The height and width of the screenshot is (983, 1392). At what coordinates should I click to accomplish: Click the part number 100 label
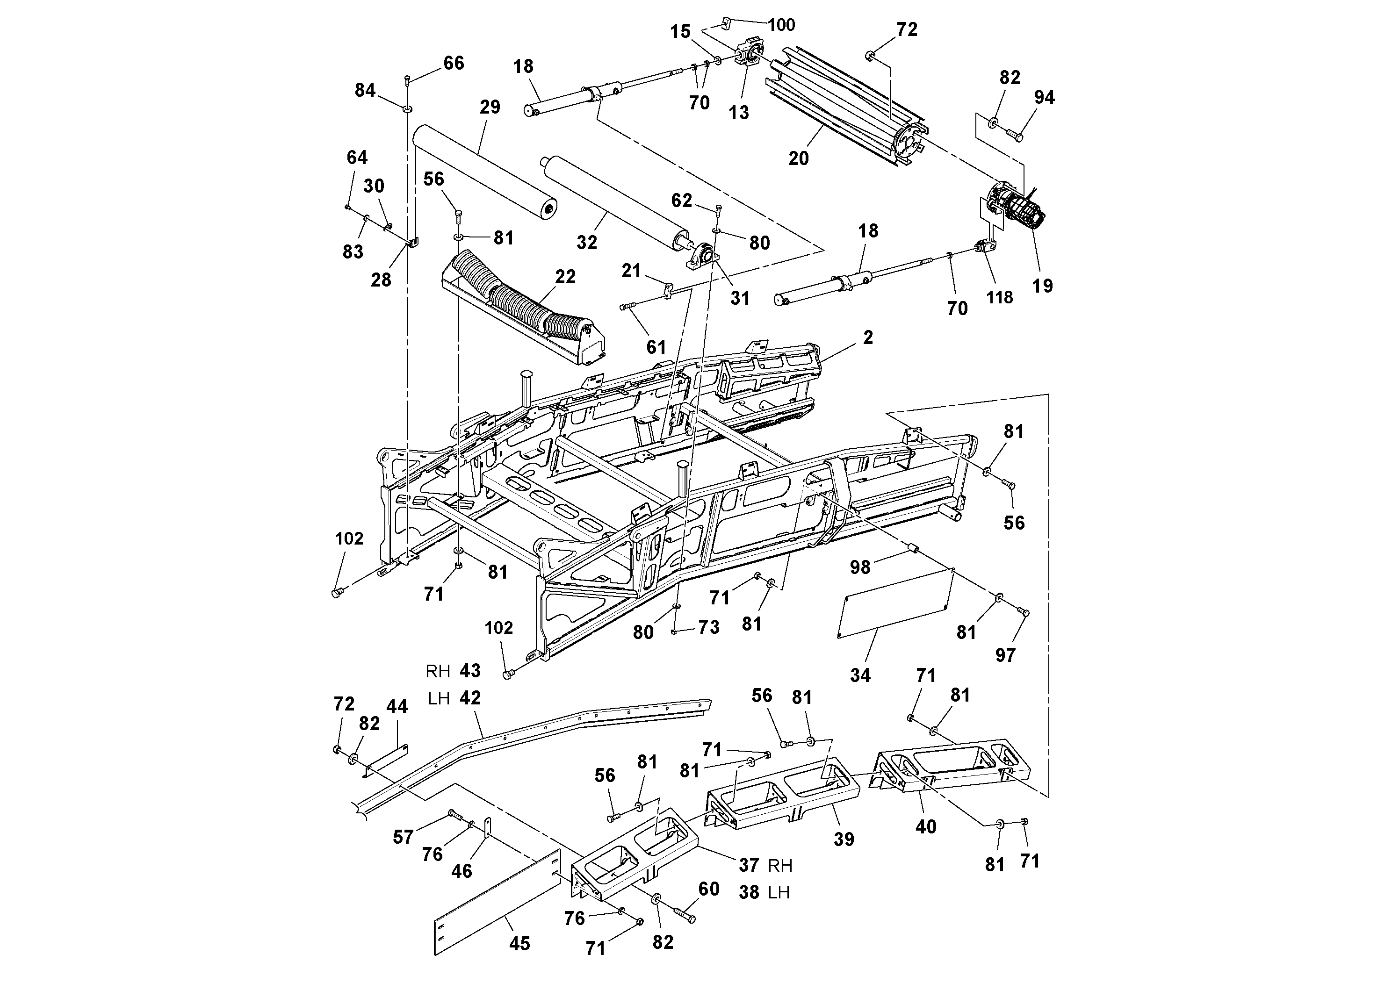[781, 25]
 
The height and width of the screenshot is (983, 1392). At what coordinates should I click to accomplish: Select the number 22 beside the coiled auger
[565, 277]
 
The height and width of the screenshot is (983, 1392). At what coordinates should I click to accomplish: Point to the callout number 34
[860, 675]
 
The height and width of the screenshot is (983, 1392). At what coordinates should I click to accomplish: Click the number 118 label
[999, 298]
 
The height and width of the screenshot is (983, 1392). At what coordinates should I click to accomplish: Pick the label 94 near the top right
[1044, 98]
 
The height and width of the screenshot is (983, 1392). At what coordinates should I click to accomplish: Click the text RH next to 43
[438, 672]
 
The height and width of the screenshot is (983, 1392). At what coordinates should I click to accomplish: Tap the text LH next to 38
[779, 893]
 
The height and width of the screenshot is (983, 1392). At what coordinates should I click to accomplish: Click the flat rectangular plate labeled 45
[497, 903]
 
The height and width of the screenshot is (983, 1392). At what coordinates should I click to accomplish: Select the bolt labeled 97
[1024, 613]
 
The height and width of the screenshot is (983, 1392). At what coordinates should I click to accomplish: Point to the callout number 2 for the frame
[867, 338]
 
